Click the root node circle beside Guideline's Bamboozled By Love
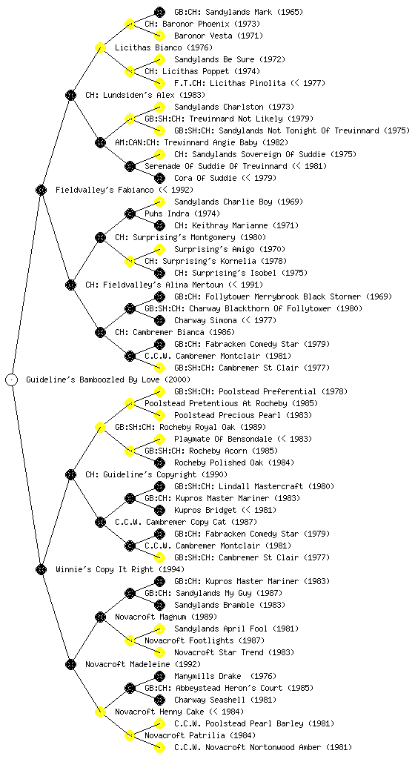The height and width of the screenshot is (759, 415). tap(12, 379)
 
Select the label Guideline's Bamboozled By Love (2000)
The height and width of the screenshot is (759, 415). tap(108, 379)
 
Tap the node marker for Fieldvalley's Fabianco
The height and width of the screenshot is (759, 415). tap(41, 190)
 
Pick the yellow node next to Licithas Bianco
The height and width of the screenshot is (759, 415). tap(100, 47)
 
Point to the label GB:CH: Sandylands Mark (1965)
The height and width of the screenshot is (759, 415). tap(239, 12)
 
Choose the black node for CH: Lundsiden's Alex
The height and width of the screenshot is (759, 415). tap(70, 95)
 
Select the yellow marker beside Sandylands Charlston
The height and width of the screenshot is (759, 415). tap(159, 107)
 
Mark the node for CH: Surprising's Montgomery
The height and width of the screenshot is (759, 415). tap(100, 237)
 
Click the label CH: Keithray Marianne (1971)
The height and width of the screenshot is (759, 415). tap(236, 225)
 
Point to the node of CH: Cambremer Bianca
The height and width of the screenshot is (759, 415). tap(100, 332)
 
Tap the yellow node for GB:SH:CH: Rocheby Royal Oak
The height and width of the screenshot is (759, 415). tap(100, 427)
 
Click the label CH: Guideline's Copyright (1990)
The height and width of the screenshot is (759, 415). tap(156, 474)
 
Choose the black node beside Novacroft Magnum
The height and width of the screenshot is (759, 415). tap(100, 617)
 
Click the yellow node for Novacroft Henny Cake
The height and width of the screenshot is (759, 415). tap(100, 712)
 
